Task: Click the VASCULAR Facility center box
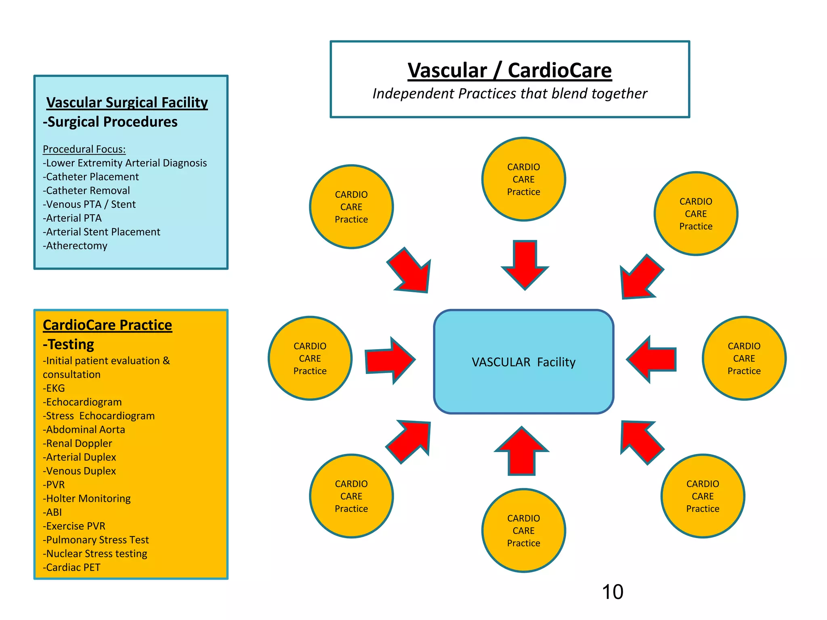click(523, 362)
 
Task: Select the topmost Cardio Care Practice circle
click(523, 179)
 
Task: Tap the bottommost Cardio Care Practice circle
click(523, 530)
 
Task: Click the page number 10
click(612, 592)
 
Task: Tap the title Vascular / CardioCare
click(510, 70)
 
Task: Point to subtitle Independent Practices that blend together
click(510, 94)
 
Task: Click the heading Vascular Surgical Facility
click(127, 103)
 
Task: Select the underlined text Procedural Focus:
click(84, 149)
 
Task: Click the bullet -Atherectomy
click(75, 246)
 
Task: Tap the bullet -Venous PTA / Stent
click(89, 204)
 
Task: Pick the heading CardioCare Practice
click(107, 325)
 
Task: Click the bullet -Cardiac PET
click(71, 567)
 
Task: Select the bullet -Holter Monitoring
click(87, 499)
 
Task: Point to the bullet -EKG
click(54, 388)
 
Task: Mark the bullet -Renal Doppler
click(78, 443)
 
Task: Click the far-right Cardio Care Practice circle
click(744, 358)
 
